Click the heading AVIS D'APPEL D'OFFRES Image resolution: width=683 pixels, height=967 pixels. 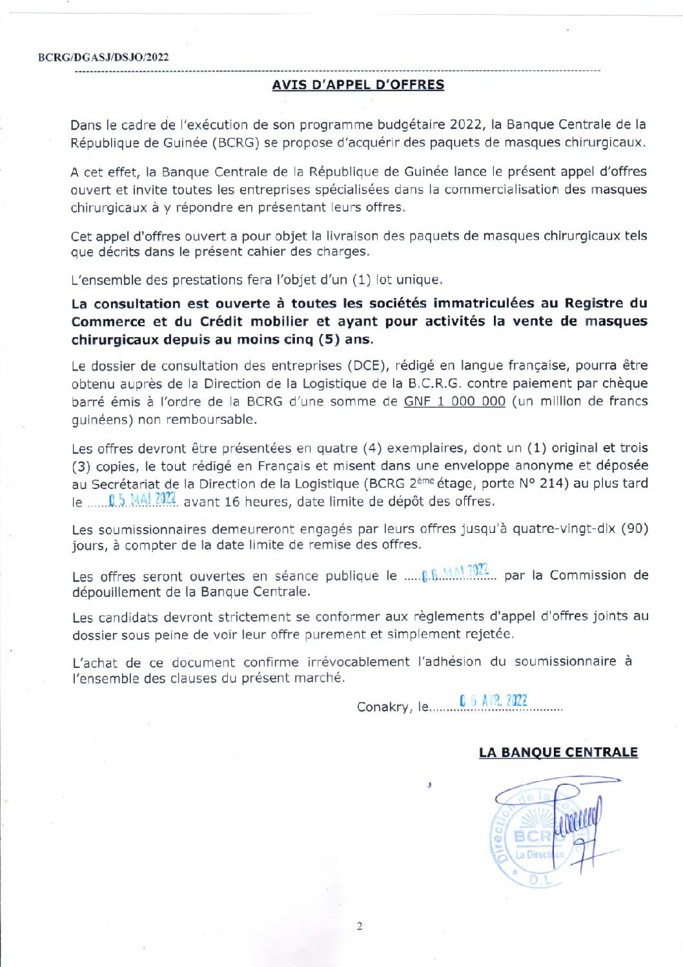(x=358, y=85)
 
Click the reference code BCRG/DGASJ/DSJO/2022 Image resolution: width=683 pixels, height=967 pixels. (x=103, y=57)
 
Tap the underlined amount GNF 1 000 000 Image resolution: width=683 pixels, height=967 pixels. (x=454, y=401)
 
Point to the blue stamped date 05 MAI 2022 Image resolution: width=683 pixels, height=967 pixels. (x=143, y=499)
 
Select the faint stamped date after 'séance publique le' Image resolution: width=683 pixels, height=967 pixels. (x=455, y=572)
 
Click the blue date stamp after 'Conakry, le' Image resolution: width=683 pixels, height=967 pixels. (x=494, y=701)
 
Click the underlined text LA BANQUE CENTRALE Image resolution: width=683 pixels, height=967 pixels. (x=558, y=753)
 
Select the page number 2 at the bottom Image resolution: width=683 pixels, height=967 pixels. (x=360, y=926)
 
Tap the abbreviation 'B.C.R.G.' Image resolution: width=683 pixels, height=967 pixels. (x=434, y=383)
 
